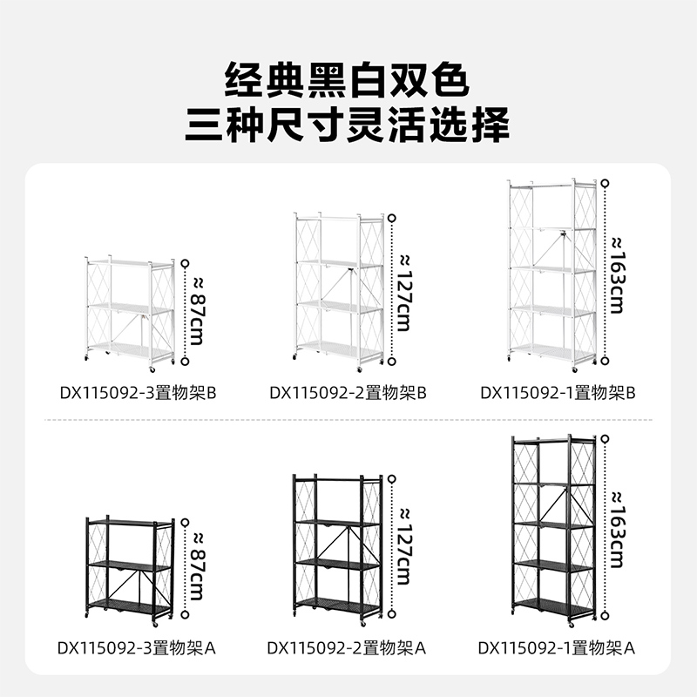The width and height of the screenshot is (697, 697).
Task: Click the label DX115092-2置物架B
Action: pos(347,393)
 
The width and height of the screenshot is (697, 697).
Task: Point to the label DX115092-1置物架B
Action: pos(558,393)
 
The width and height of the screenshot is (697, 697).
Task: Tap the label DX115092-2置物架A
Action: pos(347,648)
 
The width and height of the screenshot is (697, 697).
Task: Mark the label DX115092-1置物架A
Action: pos(558,648)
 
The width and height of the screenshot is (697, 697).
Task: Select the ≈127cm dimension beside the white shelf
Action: pos(403,293)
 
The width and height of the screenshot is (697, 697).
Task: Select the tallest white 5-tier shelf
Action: pos(552,271)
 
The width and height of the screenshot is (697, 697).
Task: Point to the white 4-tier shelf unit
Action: pos(338,288)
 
